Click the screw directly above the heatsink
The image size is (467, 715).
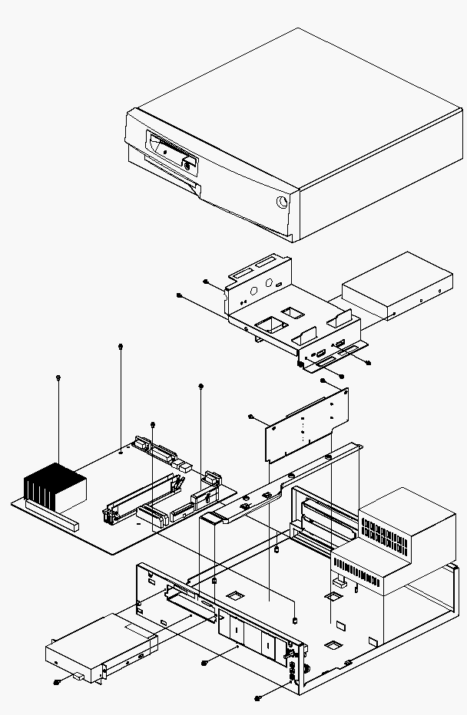(59, 377)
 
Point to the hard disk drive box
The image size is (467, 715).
(396, 284)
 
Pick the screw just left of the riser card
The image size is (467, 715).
(251, 417)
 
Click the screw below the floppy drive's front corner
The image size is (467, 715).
(57, 681)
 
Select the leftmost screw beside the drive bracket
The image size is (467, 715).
(178, 295)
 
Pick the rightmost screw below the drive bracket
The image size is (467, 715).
(369, 362)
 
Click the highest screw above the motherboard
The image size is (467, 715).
(121, 347)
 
